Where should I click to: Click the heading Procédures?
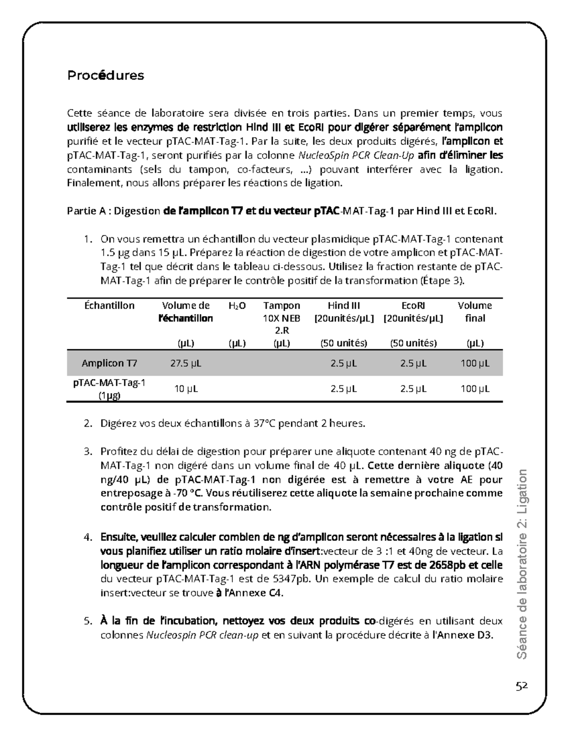pyautogui.click(x=105, y=75)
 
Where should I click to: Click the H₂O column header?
pyautogui.click(x=237, y=306)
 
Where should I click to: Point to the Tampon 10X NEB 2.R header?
pyautogui.click(x=282, y=318)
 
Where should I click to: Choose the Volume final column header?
pyautogui.click(x=475, y=312)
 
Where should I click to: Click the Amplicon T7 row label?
pyautogui.click(x=109, y=364)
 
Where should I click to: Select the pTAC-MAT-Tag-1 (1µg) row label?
pyautogui.click(x=109, y=389)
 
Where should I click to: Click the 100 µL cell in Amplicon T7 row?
pyautogui.click(x=475, y=364)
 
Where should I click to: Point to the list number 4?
pyautogui.click(x=87, y=538)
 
